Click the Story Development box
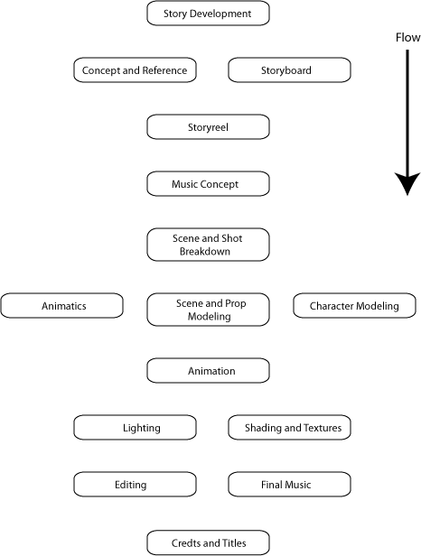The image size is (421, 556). pyautogui.click(x=208, y=14)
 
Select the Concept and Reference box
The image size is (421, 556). pyautogui.click(x=135, y=70)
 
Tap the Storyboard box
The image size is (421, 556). pyautogui.click(x=289, y=70)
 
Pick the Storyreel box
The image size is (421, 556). pyautogui.click(x=208, y=127)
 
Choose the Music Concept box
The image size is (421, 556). pyautogui.click(x=208, y=184)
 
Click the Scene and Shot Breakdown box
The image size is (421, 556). pyautogui.click(x=208, y=245)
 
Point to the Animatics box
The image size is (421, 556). pyautogui.click(x=61, y=306)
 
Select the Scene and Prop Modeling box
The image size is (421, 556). pyautogui.click(x=208, y=310)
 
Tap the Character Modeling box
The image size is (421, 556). pyautogui.click(x=354, y=306)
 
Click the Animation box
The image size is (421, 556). pyautogui.click(x=208, y=371)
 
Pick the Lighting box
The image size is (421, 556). pyautogui.click(x=135, y=428)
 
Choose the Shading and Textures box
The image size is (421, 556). pyautogui.click(x=289, y=428)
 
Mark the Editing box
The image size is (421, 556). pyautogui.click(x=135, y=485)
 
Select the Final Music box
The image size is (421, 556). pyautogui.click(x=289, y=485)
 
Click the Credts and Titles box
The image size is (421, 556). pyautogui.click(x=208, y=542)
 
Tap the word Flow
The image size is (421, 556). pyautogui.click(x=407, y=37)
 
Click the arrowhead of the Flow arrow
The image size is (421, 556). pyautogui.click(x=407, y=184)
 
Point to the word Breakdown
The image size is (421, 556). pyautogui.click(x=205, y=252)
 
